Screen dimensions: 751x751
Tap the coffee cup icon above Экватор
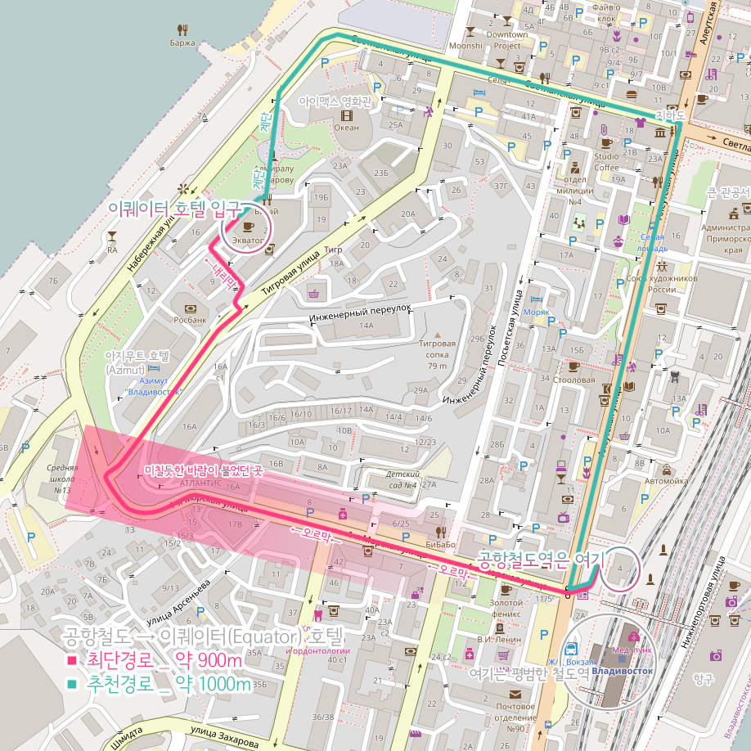pos(249,226)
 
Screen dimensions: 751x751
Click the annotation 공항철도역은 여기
pos(539,562)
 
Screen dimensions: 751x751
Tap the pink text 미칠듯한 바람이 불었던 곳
pos(203,471)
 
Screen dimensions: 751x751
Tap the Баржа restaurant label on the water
pos(182,42)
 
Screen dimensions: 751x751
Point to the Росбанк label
pos(189,320)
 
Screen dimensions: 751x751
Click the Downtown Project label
pos(507,40)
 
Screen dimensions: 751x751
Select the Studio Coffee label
pos(606,162)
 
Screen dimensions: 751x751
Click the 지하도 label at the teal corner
pos(669,116)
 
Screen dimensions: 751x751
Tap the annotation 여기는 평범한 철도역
pos(529,674)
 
